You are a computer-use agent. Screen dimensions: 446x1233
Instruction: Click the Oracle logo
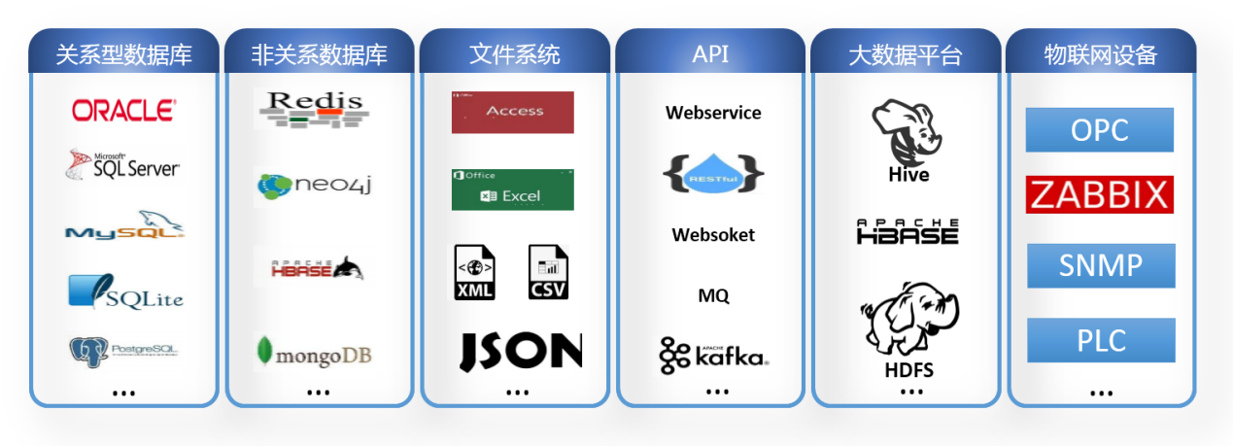click(123, 110)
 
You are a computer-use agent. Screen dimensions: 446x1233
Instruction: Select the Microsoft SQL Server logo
click(123, 165)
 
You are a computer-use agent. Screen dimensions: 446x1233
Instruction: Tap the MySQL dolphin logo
click(124, 226)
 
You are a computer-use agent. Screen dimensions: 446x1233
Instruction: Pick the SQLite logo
click(125, 292)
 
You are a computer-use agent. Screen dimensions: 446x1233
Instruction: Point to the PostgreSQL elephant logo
click(123, 349)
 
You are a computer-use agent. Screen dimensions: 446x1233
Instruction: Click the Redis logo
click(313, 109)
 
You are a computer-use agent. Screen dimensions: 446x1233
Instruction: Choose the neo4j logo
click(313, 185)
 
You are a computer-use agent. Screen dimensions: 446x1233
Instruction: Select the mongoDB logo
click(313, 354)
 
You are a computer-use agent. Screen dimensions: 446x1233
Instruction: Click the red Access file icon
click(512, 112)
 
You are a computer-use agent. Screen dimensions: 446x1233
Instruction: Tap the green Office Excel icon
click(512, 189)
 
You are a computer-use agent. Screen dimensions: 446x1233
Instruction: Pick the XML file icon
click(475, 272)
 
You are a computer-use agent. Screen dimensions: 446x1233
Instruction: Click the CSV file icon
click(548, 272)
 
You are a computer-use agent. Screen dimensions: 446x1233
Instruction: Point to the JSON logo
click(520, 352)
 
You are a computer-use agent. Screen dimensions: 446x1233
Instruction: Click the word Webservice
click(713, 113)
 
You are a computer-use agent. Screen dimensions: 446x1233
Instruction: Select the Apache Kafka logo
click(713, 355)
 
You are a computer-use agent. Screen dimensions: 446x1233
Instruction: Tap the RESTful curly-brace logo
click(713, 172)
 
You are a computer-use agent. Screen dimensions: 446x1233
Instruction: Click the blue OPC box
click(1099, 130)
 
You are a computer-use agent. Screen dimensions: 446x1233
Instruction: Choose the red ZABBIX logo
click(1100, 195)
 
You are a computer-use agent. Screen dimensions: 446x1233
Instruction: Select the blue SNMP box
click(1100, 265)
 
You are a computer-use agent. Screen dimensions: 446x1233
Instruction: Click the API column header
click(710, 53)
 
